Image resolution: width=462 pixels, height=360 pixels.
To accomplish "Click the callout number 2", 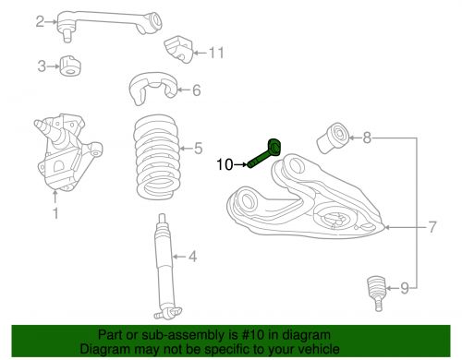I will click(x=40, y=21).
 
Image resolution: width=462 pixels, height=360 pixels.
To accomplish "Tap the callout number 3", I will click(x=41, y=66).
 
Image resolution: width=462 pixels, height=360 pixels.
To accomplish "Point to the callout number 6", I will click(x=196, y=90).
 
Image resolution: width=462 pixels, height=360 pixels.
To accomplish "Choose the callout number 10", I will click(x=225, y=165).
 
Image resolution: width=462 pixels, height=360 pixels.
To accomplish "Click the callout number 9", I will click(x=404, y=289).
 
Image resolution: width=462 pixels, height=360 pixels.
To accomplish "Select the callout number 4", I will click(x=193, y=257).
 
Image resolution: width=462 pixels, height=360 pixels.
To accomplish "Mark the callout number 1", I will click(x=55, y=214).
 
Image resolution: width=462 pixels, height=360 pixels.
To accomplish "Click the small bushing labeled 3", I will click(x=69, y=66).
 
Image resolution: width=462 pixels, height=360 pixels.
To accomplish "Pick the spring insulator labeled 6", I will click(x=149, y=90).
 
